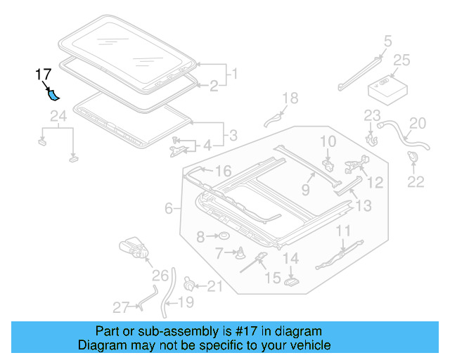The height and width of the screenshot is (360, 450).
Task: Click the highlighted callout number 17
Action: click(43, 73)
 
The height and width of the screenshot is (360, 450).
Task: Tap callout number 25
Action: click(401, 61)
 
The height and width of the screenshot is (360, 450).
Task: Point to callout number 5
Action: click(387, 41)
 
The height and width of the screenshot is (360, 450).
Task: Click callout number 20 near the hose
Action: click(418, 124)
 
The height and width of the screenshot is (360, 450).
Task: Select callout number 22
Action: click(416, 182)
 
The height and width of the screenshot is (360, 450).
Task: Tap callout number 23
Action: click(372, 116)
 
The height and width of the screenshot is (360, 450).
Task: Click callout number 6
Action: click(169, 209)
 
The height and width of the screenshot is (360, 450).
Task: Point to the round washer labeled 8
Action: click(220, 237)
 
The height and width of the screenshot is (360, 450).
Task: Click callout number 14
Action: click(290, 259)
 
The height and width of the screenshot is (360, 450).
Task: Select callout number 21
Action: click(214, 285)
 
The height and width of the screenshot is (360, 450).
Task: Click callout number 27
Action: click(121, 307)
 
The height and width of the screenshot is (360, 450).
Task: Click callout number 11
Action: click(342, 231)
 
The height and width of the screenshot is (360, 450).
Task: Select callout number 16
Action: click(222, 171)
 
